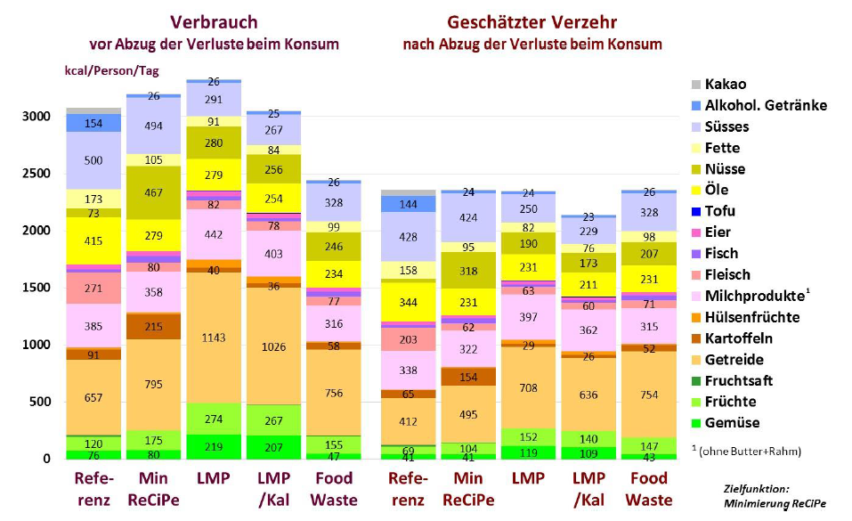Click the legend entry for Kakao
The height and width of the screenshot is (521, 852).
coord(726,85)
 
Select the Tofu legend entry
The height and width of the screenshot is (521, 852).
coord(719,211)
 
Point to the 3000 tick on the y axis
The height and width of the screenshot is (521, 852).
coord(35,117)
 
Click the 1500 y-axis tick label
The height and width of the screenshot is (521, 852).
coord(35,288)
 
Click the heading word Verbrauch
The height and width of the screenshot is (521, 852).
coord(214,23)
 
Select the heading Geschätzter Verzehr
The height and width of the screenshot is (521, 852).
coord(532,23)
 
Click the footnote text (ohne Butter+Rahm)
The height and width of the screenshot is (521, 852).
coord(751,451)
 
